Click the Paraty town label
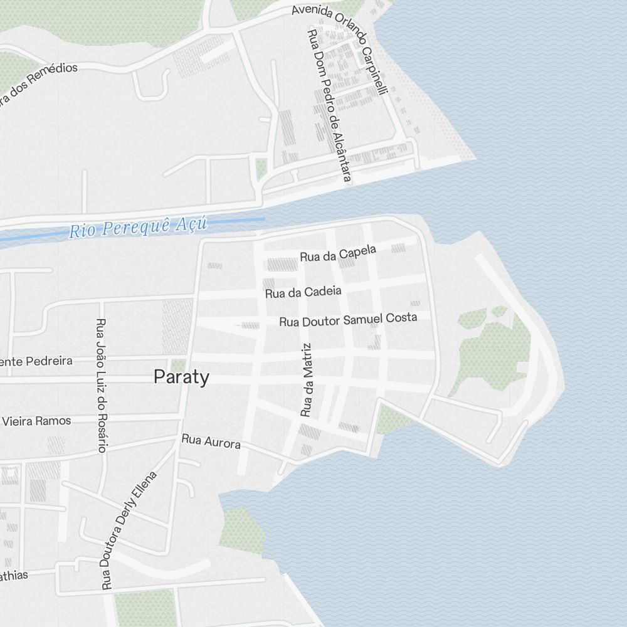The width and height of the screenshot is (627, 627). [x=181, y=377]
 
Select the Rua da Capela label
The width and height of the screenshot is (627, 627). [x=338, y=253]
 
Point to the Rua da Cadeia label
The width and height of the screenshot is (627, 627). [x=303, y=292]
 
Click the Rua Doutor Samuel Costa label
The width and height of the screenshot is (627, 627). [x=348, y=320]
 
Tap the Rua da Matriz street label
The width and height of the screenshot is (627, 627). [x=306, y=380]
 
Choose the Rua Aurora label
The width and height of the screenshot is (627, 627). [x=211, y=441]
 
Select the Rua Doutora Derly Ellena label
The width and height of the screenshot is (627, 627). [x=129, y=530]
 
